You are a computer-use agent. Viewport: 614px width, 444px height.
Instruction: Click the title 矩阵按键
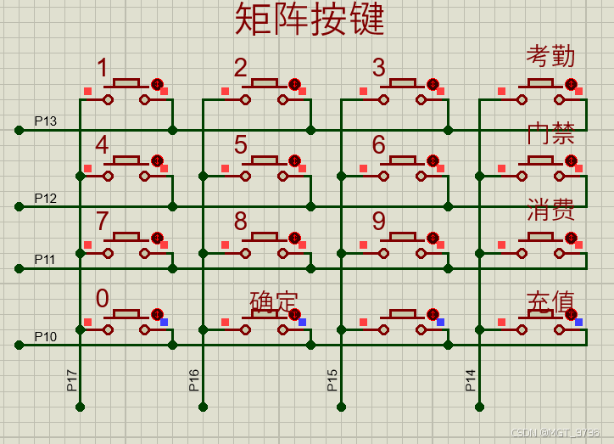point(310,20)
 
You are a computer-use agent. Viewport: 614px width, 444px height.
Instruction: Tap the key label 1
point(103,67)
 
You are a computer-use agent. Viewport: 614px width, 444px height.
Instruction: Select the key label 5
point(241,144)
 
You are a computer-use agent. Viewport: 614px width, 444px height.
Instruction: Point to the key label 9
point(379,222)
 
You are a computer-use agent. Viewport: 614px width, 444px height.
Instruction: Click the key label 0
point(103,298)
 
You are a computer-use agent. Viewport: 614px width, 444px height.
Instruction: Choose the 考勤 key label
point(550,56)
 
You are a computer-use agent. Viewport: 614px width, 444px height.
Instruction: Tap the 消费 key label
point(550,210)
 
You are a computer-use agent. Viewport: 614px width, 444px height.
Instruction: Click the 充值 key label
point(550,301)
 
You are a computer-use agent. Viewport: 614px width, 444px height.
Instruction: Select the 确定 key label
point(274,301)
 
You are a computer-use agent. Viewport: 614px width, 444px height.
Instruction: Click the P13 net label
point(46,121)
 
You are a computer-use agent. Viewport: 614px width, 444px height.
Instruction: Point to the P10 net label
point(46,337)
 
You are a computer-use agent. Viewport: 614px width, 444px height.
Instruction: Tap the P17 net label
point(72,379)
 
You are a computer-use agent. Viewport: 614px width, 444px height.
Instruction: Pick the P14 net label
point(471,379)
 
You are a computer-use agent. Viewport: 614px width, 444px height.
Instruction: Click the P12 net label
point(46,199)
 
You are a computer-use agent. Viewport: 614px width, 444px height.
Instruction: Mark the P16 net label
point(194,379)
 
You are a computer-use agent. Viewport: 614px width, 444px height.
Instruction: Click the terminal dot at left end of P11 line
point(19,268)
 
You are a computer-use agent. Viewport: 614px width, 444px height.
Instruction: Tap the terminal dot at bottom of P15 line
point(341,407)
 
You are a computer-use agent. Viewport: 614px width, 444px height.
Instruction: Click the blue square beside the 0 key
point(164,322)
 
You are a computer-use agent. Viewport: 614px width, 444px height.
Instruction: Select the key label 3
point(379,67)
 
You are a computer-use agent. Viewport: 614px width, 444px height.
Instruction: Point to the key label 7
point(103,222)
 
